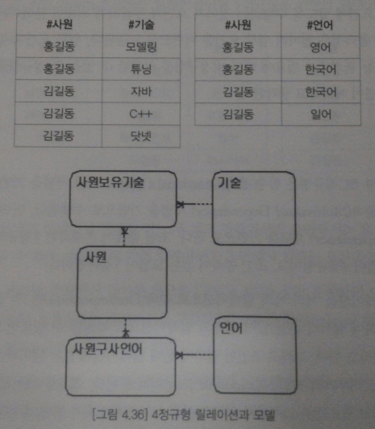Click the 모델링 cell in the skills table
pyautogui.click(x=141, y=47)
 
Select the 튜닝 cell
pyautogui.click(x=141, y=69)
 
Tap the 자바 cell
pyautogui.click(x=141, y=91)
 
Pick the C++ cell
pyautogui.click(x=141, y=114)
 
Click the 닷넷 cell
pyautogui.click(x=141, y=136)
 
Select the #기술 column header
pyautogui.click(x=141, y=25)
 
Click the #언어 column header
pyautogui.click(x=320, y=25)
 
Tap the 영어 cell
pyautogui.click(x=320, y=48)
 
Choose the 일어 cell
pyautogui.click(x=321, y=114)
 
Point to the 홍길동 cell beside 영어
pyautogui.click(x=238, y=48)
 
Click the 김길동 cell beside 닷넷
pyautogui.click(x=59, y=135)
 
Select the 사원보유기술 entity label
pyautogui.click(x=110, y=182)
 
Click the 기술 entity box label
pyautogui.click(x=229, y=182)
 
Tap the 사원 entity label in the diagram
pyautogui.click(x=95, y=257)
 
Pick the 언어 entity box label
pyautogui.click(x=231, y=327)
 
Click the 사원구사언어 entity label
pyautogui.click(x=107, y=349)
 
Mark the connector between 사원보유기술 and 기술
pyautogui.click(x=194, y=204)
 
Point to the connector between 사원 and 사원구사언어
pyautogui.click(x=126, y=327)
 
